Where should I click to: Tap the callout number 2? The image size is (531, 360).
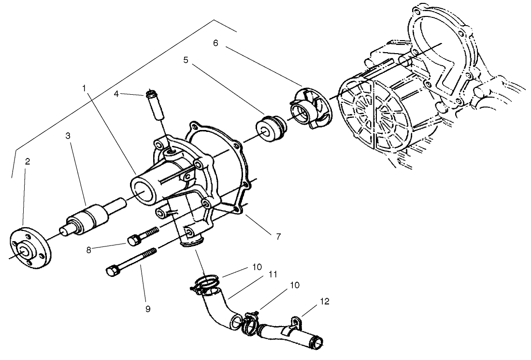point(28,161)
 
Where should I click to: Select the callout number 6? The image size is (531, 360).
point(215,43)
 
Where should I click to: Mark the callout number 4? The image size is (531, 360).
point(116,94)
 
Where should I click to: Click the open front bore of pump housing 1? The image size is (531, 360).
point(144,191)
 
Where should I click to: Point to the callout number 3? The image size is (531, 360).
point(68,136)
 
